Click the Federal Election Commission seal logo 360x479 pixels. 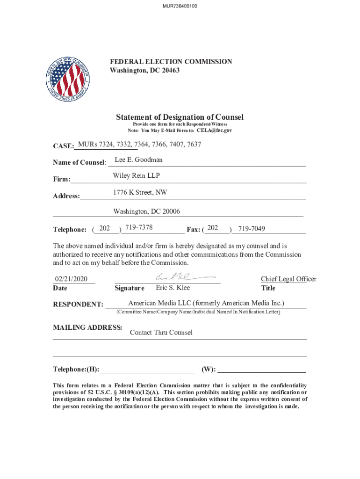pyautogui.click(x=68, y=79)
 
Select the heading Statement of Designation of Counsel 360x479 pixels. pyautogui.click(x=180, y=117)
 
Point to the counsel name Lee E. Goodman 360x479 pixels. pyautogui.click(x=139, y=160)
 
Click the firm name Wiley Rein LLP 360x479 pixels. pyautogui.click(x=136, y=176)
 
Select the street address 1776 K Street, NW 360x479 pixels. pyautogui.click(x=140, y=193)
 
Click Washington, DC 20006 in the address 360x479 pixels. pyautogui.click(x=146, y=212)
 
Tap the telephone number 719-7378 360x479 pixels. pyautogui.click(x=139, y=228)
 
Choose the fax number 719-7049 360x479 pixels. pyautogui.click(x=252, y=229)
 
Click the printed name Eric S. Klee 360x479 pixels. pyautogui.click(x=173, y=288)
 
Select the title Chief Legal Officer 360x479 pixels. pyautogui.click(x=288, y=279)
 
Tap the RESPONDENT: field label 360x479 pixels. pyautogui.click(x=78, y=305)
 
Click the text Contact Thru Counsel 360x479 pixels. pyautogui.click(x=161, y=333)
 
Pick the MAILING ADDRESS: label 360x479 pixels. pyautogui.click(x=88, y=327)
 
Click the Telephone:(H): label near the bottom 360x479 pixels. pyautogui.click(x=76, y=370)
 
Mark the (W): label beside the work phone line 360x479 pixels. pyautogui.click(x=209, y=370)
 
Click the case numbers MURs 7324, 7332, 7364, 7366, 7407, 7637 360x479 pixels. pyautogui.click(x=140, y=144)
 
